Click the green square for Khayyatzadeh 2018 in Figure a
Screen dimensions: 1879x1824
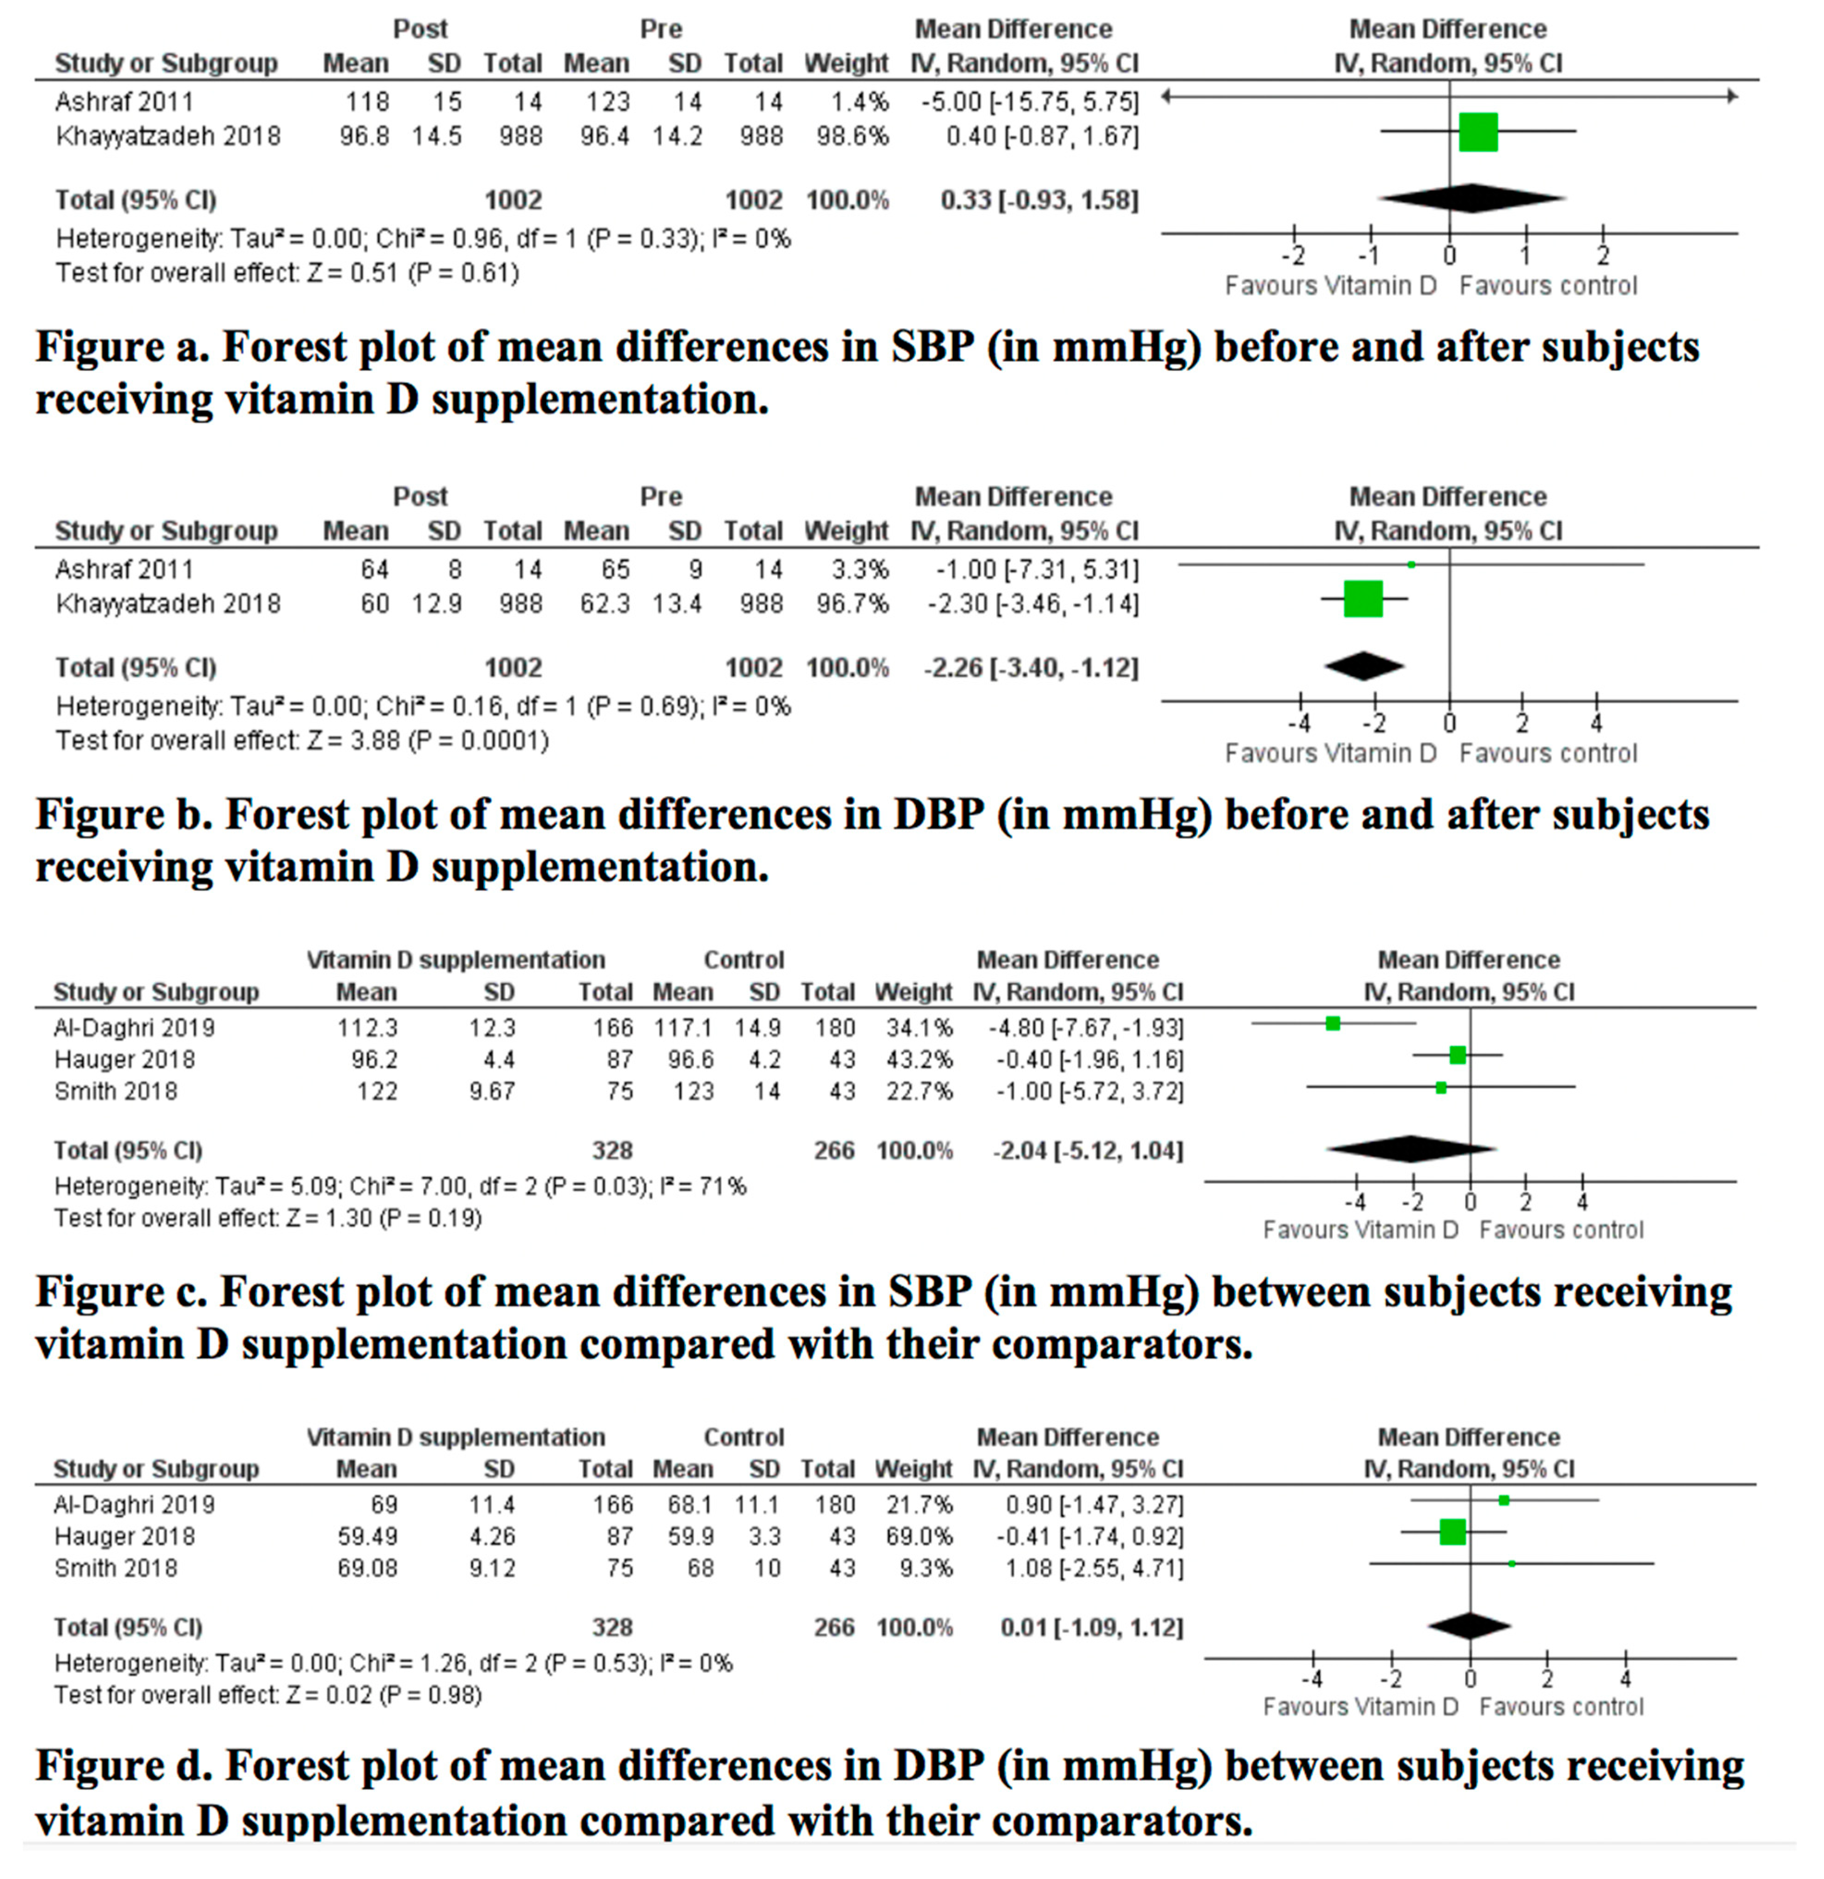(x=1478, y=132)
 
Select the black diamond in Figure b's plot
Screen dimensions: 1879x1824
(x=1364, y=666)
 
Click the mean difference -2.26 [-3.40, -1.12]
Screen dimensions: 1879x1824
(x=1031, y=668)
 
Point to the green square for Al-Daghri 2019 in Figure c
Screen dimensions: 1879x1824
(x=1332, y=1024)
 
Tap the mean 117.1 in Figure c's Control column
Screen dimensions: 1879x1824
(x=683, y=1028)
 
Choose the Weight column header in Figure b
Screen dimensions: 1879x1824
(x=846, y=531)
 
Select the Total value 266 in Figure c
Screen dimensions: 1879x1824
(x=833, y=1150)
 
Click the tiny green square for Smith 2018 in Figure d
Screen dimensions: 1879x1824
(x=1511, y=1563)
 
